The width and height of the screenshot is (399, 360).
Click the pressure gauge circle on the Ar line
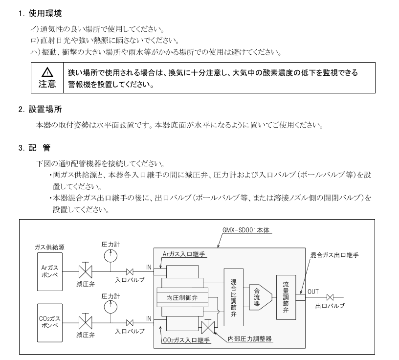pyautogui.click(x=110, y=254)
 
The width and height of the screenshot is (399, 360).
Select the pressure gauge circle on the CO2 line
pyautogui.click(x=110, y=306)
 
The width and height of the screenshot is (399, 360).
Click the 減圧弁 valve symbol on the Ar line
pyautogui.click(x=86, y=270)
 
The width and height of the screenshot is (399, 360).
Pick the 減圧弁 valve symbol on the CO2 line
pyautogui.click(x=86, y=322)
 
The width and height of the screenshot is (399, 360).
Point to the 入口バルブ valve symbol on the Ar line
pyautogui.click(x=130, y=271)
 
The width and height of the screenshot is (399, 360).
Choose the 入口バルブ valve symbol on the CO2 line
pyautogui.click(x=130, y=322)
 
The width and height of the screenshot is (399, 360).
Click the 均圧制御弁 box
pyautogui.click(x=181, y=297)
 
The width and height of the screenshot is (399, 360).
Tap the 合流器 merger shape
pyautogui.click(x=257, y=296)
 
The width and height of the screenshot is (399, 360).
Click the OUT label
pyautogui.click(x=313, y=292)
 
